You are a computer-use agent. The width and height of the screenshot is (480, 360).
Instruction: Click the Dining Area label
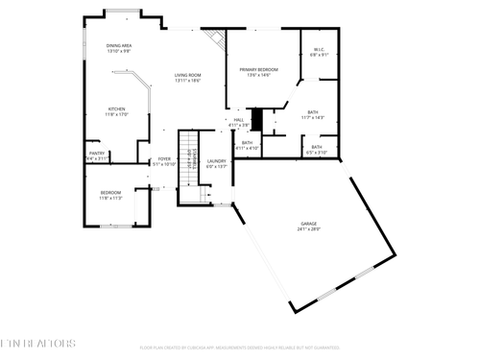point(118,45)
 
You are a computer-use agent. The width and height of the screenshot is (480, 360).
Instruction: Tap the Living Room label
point(187,75)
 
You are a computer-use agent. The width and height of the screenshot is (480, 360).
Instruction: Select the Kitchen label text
point(117,109)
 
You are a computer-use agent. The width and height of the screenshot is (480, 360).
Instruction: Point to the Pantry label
point(97,153)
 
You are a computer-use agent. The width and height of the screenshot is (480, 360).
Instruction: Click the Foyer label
point(164,159)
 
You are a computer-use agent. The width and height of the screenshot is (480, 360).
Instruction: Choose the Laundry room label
point(217,161)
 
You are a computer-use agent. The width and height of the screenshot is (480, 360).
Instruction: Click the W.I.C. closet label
point(319,51)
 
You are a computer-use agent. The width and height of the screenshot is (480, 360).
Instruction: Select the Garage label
point(307,225)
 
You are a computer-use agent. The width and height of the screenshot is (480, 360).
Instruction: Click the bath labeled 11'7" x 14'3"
point(313,113)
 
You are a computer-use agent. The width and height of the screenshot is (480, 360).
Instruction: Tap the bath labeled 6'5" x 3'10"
point(316,147)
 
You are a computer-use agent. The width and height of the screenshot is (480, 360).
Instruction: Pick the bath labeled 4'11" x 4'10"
point(247,143)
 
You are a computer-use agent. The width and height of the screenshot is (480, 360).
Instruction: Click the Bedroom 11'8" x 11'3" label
point(110,193)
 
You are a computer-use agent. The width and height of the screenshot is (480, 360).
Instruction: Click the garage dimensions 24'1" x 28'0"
point(307,229)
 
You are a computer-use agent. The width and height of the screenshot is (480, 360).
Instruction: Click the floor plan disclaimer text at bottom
point(239,348)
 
